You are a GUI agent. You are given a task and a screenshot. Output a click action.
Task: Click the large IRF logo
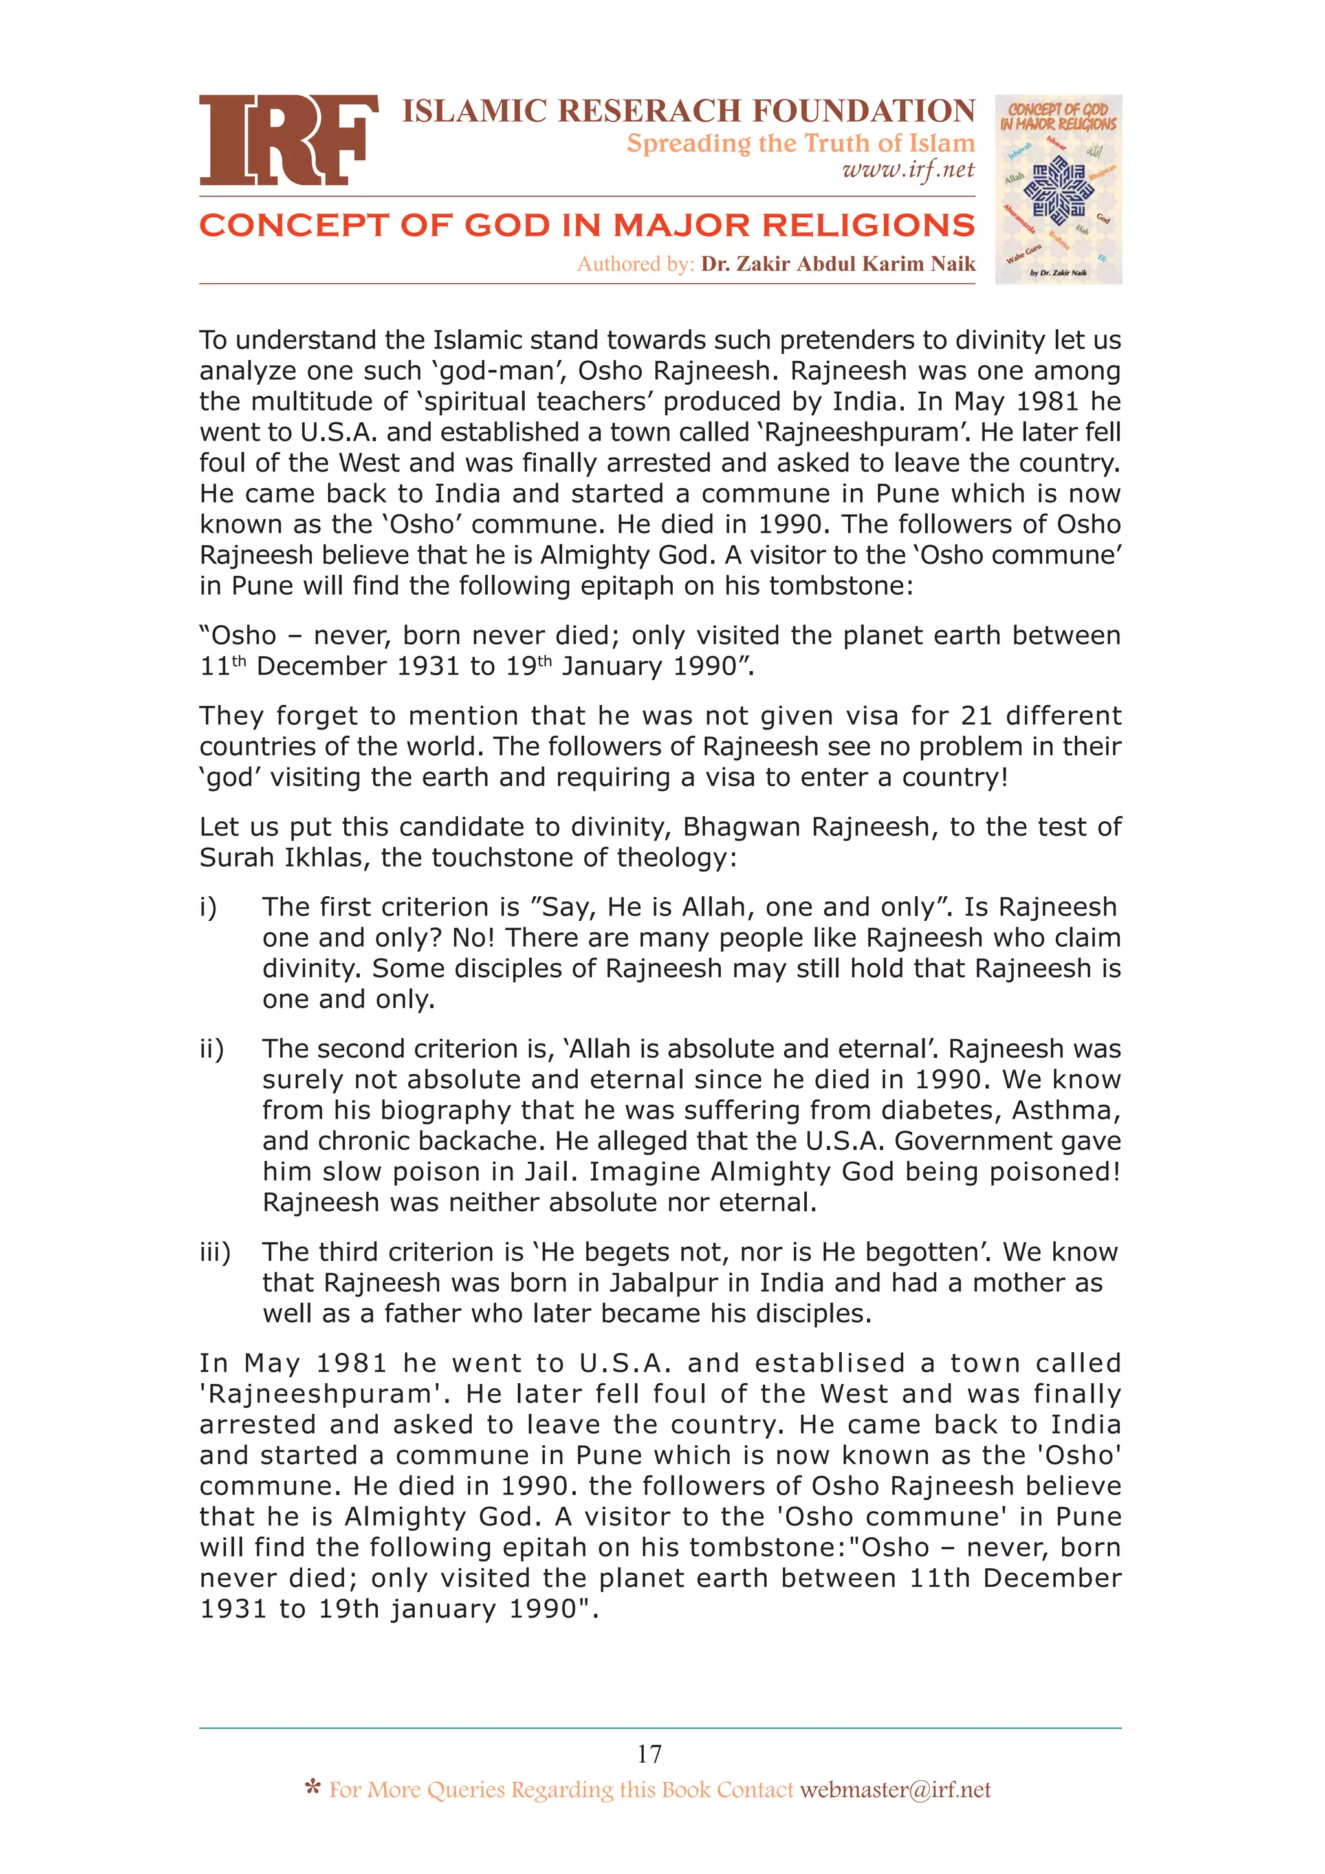[288, 140]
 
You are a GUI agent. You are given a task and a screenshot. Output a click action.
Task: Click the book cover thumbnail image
[1057, 189]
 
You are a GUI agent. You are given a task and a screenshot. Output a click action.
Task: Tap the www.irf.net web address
[908, 170]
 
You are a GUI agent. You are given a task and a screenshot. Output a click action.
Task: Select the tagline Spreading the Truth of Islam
[800, 143]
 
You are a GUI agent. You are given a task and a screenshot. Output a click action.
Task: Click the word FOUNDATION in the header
[863, 111]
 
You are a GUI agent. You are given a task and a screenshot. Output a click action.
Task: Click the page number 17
[649, 1754]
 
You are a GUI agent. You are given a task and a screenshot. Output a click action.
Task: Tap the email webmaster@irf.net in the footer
[895, 1790]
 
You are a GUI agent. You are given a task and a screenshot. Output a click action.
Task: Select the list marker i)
[208, 907]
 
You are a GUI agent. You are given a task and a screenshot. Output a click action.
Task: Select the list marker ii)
[212, 1049]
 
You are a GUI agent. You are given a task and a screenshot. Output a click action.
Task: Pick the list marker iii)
[215, 1252]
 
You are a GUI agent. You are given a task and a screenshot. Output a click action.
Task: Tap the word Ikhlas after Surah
[329, 858]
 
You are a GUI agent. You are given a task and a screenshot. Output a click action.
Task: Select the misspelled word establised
[829, 1363]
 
